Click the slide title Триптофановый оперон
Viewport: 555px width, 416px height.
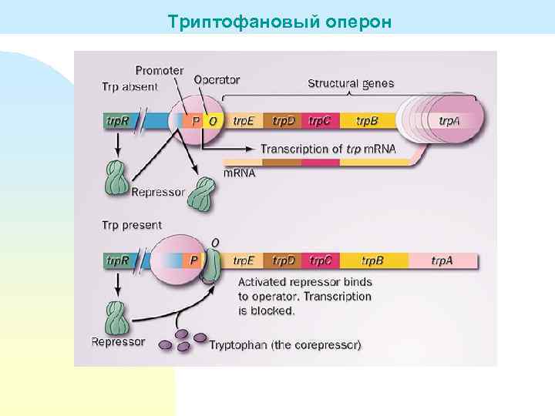[x=280, y=22]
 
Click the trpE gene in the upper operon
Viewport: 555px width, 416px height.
[x=244, y=121]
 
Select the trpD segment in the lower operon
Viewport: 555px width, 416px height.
[x=284, y=260]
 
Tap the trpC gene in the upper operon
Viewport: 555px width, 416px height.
[x=320, y=121]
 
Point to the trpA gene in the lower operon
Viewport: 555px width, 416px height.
[x=442, y=260]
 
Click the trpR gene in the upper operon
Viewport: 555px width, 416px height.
[x=118, y=121]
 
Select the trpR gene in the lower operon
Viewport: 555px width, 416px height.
[x=118, y=260]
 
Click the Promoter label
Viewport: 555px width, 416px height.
[x=160, y=70]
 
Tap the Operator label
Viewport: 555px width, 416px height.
[x=217, y=79]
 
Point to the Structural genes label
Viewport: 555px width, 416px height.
[x=351, y=83]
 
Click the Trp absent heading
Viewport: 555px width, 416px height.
[x=129, y=86]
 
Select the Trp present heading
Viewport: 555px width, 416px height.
[x=132, y=225]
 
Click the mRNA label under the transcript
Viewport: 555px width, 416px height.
[x=239, y=173]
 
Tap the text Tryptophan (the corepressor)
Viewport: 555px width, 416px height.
[x=284, y=344]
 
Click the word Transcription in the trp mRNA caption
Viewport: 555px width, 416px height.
[x=291, y=148]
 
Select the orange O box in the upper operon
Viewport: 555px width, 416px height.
[x=213, y=121]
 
